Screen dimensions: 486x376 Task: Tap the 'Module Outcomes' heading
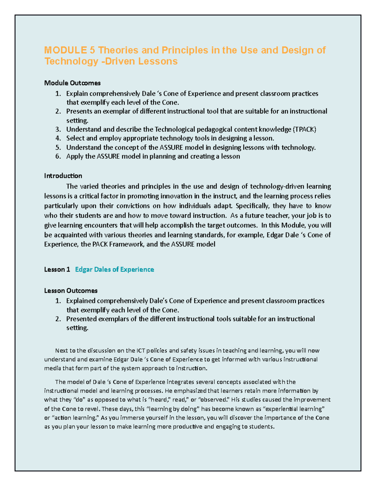point(72,83)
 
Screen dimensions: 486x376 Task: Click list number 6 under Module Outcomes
point(58,156)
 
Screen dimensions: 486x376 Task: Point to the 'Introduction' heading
point(63,176)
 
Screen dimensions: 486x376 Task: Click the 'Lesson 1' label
point(57,269)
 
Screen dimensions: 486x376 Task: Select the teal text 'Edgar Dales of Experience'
point(115,269)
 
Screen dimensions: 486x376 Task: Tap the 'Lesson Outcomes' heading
point(71,291)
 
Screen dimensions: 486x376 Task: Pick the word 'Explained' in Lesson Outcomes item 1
point(81,301)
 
